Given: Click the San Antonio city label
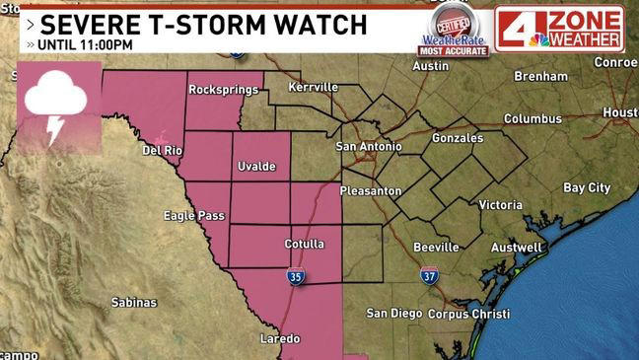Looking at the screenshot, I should click(369, 147).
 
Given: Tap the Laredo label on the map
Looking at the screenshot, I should click(279, 338).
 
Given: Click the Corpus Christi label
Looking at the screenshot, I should click(468, 314).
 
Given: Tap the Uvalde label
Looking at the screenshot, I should click(256, 168).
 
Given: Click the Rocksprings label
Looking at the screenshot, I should click(223, 90).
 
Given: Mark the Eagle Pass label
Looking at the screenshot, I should click(193, 216).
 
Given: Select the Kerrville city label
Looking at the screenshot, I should click(314, 87).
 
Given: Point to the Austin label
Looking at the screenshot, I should click(430, 66).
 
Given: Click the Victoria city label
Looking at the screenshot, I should click(500, 205).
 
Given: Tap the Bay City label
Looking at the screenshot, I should click(586, 187).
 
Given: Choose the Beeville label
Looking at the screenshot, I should click(436, 247).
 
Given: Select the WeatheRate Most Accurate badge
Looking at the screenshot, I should click(455, 31).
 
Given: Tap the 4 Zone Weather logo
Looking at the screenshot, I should click(559, 28).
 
